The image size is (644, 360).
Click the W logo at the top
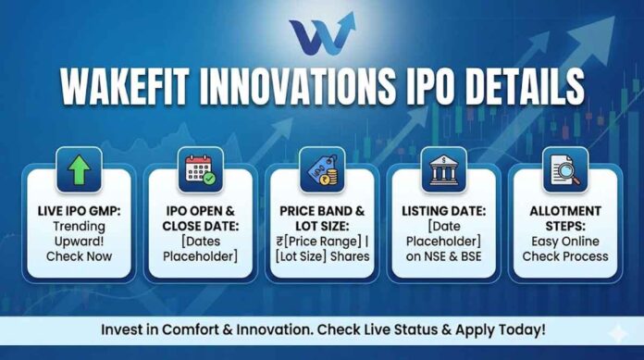[x=322, y=35]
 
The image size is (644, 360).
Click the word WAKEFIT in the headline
[x=123, y=88]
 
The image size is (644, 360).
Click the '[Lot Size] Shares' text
[x=321, y=255]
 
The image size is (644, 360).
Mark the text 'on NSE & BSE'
[x=441, y=255]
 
